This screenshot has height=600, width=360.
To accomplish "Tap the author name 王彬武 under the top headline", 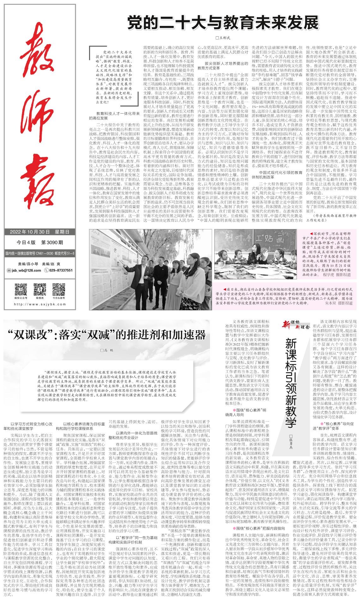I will click(x=223, y=38).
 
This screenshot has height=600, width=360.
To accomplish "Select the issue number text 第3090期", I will click(x=52, y=243).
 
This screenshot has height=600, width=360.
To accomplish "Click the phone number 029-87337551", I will click(x=60, y=270).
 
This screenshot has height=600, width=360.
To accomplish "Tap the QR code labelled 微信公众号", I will click(x=21, y=289).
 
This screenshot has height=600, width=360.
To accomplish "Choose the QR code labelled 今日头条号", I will click(x=59, y=289).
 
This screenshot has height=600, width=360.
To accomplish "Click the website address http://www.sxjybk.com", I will click(x=39, y=305).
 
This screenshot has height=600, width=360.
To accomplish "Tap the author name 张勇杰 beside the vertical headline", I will click(x=291, y=440).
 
